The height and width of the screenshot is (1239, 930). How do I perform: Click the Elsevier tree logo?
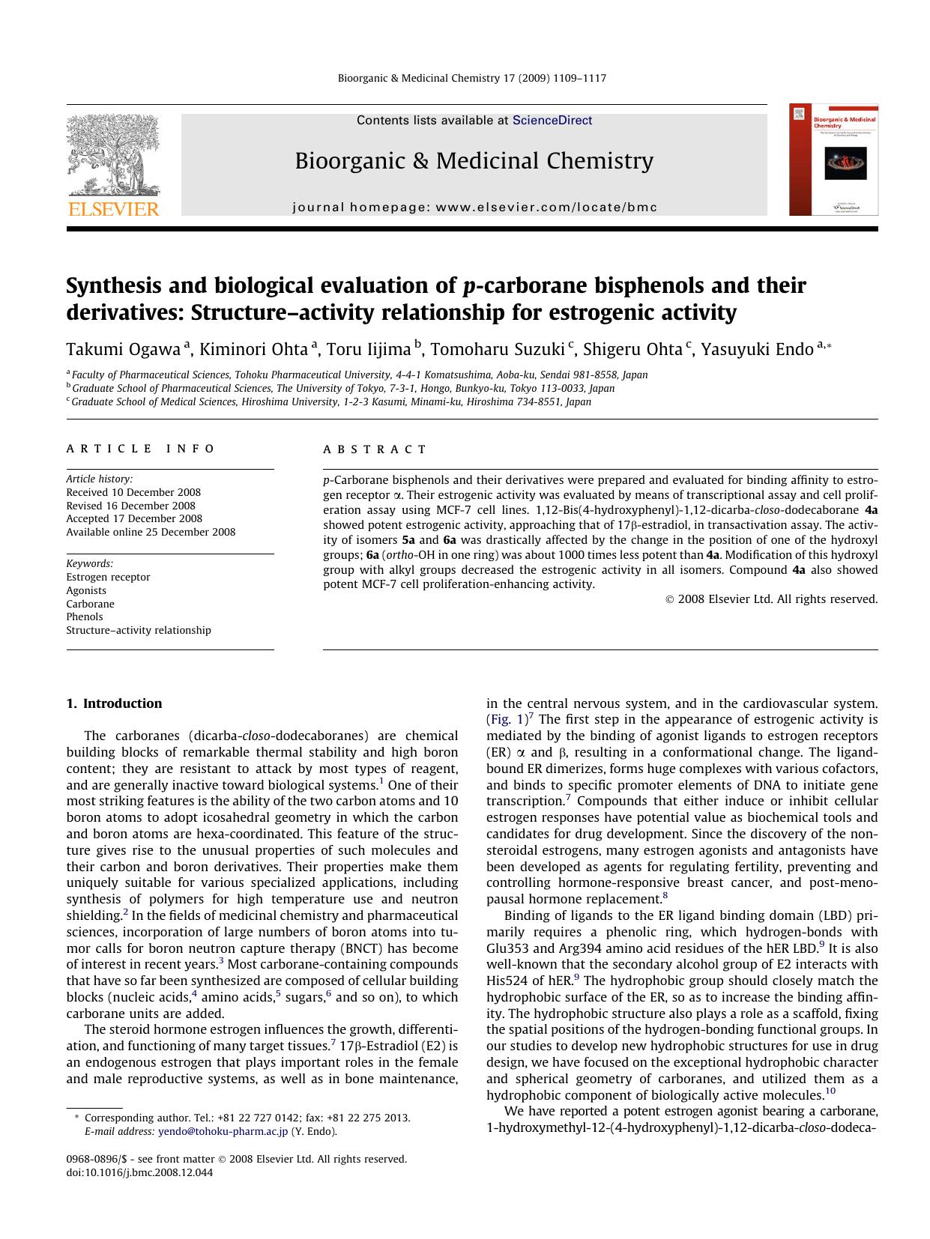112,155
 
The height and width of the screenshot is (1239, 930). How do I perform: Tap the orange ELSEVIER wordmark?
113,209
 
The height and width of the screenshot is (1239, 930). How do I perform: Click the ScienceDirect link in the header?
552,120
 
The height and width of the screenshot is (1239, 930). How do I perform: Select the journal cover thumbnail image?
833,160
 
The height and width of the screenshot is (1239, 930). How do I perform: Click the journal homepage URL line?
474,207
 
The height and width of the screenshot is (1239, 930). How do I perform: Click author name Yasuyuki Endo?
757,349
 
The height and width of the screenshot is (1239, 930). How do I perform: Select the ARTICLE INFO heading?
140,449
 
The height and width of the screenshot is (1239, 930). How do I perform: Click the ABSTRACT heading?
375,449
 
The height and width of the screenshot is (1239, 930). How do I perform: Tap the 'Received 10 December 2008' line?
133,492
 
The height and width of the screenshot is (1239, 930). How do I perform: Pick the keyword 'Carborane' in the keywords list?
90,604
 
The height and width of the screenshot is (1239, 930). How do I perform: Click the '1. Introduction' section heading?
114,703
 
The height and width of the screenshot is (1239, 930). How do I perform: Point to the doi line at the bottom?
139,1172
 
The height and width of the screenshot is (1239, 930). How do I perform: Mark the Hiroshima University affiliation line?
330,402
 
